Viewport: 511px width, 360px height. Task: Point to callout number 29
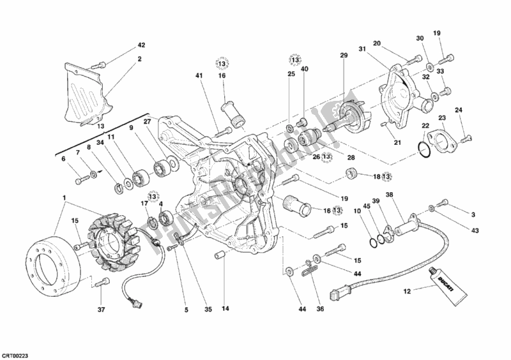[344, 56]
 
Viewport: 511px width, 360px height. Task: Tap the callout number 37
[100, 310]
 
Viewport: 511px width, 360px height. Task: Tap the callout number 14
[224, 310]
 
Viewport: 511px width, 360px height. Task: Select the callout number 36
[320, 310]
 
